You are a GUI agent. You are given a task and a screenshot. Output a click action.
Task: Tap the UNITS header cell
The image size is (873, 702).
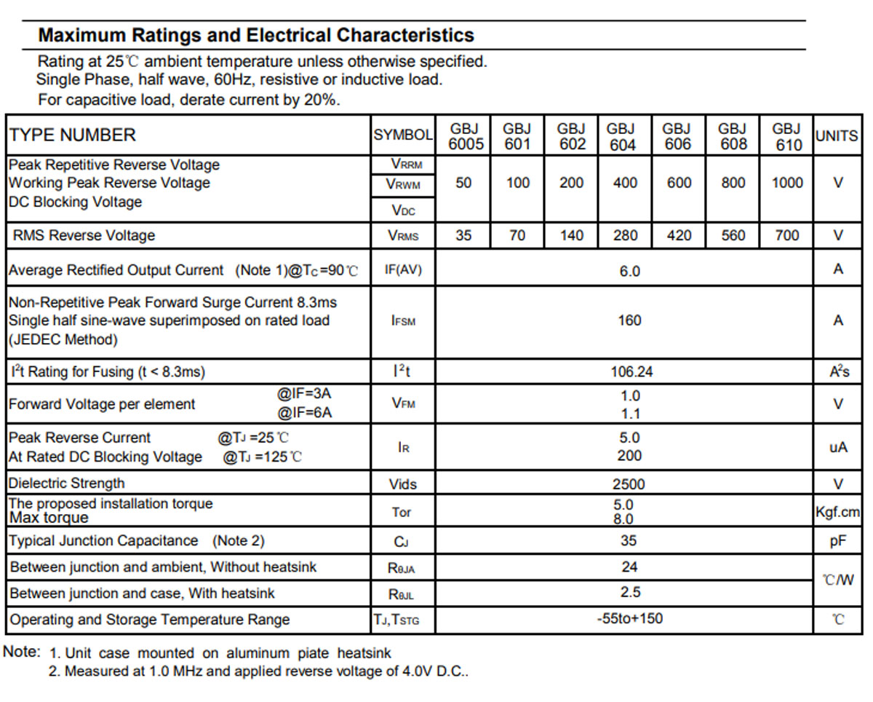837,135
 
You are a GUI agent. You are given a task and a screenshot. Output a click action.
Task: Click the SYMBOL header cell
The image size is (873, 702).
403,135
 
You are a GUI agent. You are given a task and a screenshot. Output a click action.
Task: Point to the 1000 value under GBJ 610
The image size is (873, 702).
787,183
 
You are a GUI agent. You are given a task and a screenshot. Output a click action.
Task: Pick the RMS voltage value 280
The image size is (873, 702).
625,235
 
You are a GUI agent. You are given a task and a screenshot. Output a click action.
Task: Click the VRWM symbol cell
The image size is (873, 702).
403,185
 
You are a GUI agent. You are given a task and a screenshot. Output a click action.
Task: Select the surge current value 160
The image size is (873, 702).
629,320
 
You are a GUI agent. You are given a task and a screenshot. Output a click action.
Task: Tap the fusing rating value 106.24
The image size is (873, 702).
631,371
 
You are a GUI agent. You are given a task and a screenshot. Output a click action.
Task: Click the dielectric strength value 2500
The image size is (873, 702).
629,484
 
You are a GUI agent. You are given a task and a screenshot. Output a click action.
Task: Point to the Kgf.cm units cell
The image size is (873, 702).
837,512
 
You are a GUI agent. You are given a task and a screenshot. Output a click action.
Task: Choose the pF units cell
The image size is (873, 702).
838,541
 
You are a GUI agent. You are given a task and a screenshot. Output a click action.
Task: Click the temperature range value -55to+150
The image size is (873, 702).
629,618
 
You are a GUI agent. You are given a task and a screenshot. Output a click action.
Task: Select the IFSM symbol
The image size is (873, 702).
403,320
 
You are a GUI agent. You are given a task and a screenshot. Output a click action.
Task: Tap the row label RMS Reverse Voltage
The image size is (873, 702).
84,235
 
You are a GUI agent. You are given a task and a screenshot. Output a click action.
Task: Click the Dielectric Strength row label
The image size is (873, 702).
66,483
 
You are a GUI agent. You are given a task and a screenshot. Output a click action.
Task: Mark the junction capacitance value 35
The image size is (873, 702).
629,540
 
